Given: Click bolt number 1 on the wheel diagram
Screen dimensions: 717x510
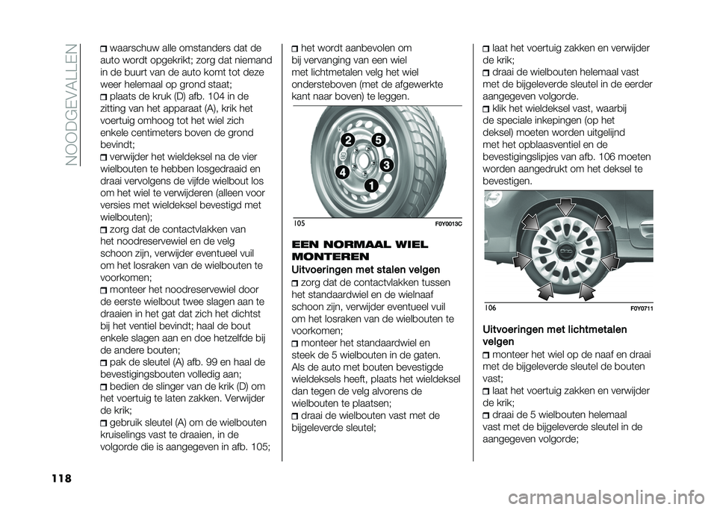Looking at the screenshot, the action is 371,185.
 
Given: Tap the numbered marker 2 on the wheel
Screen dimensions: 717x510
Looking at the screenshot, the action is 349,140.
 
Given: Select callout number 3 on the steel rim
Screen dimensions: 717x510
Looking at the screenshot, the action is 385,165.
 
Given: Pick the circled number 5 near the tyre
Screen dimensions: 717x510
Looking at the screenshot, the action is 378,140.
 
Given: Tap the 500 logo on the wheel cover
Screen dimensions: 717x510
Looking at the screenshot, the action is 568,252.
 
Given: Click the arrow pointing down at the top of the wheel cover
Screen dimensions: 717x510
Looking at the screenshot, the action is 566,207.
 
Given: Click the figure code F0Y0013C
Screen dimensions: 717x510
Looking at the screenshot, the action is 449,223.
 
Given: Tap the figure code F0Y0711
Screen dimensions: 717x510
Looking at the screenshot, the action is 642,309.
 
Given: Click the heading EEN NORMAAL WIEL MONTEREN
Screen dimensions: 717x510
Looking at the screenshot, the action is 360,250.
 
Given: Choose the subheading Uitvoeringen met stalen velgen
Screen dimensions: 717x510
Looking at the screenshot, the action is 366,270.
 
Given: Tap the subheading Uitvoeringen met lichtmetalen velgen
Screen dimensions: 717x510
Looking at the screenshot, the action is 555,335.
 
